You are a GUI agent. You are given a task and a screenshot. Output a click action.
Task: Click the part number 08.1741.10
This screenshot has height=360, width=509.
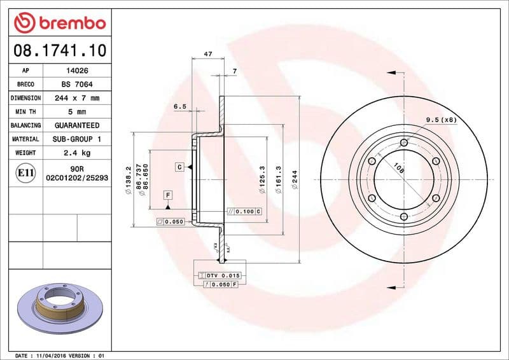[x=57, y=49]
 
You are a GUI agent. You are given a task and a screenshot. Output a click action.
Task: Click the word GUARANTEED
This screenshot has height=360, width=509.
[x=77, y=125]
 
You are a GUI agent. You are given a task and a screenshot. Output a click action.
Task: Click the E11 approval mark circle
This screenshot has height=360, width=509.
[x=25, y=172]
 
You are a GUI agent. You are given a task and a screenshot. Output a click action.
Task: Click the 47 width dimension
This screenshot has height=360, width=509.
[x=208, y=55]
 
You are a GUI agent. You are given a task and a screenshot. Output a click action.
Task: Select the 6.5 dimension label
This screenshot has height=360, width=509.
[x=180, y=106]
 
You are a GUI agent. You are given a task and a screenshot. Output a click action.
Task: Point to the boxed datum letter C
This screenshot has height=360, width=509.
[x=181, y=167]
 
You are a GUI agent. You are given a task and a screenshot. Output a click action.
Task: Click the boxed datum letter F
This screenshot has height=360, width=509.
[x=168, y=195]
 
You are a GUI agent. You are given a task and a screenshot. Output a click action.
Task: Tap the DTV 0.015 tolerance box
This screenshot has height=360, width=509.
[x=220, y=275]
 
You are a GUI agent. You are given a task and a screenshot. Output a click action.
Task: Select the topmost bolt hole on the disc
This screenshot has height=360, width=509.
[x=403, y=142]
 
